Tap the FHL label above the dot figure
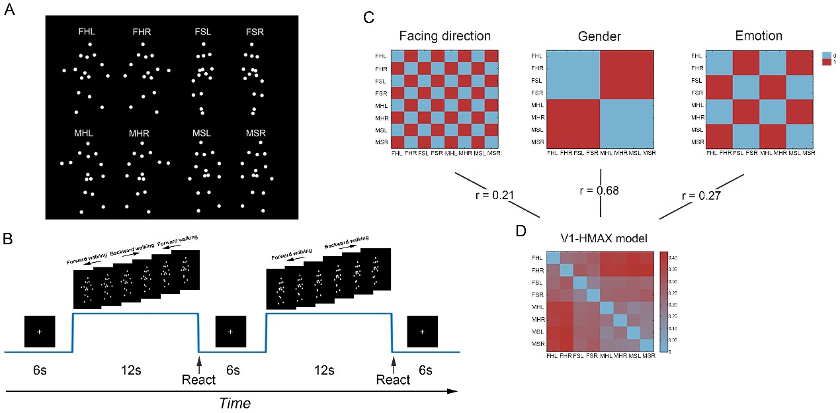(87, 31)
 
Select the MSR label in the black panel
(255, 134)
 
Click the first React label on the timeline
(199, 381)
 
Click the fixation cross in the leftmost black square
(39, 331)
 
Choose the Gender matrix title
(599, 35)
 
